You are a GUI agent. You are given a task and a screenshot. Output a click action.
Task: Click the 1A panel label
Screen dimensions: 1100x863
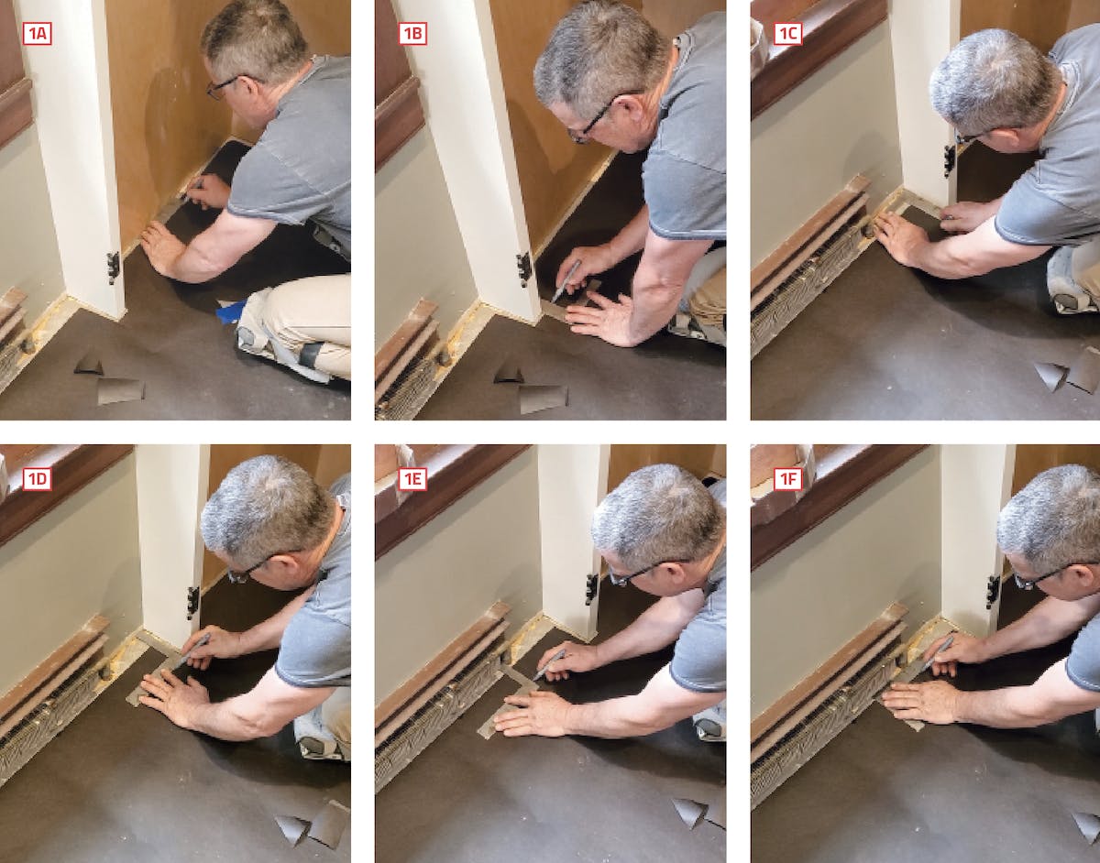click(37, 34)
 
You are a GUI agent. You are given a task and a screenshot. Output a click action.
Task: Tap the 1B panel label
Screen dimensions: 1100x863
click(412, 34)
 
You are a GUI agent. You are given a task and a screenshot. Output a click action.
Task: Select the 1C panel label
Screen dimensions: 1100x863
click(788, 34)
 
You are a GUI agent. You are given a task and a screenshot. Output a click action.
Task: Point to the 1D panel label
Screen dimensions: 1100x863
click(37, 479)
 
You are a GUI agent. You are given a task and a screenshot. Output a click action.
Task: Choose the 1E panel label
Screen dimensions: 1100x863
click(412, 479)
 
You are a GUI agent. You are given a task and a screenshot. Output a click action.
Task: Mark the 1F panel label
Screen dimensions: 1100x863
click(788, 479)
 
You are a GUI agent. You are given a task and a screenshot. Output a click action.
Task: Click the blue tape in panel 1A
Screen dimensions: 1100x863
click(230, 310)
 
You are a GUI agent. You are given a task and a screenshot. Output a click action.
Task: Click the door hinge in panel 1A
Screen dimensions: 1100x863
click(114, 268)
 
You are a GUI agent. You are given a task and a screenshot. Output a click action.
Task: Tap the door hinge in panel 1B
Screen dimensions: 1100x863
click(524, 268)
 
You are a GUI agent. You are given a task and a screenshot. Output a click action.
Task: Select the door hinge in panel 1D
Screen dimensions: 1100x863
click(192, 603)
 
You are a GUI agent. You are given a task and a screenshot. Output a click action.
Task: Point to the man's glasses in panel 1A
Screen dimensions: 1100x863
click(228, 86)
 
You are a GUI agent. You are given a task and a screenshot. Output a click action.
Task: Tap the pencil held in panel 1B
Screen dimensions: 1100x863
click(566, 280)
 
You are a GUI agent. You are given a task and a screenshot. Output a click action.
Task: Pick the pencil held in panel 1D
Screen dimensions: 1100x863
click(192, 650)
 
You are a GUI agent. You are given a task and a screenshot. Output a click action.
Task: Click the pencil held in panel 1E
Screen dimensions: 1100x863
click(549, 664)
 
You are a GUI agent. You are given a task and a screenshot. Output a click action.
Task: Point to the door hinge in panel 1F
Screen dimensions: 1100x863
click(993, 592)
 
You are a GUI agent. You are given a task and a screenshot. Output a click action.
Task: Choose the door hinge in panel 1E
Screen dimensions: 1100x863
click(591, 588)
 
